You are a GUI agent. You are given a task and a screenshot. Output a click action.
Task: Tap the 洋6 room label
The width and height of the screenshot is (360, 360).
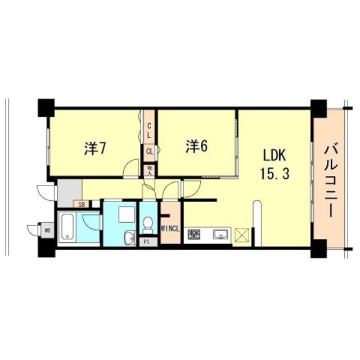pos(196,146)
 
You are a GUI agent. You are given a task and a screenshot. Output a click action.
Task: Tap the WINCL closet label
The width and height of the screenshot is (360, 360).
pos(170,228)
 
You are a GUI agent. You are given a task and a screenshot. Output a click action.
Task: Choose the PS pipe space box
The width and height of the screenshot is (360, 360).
pos(146,242)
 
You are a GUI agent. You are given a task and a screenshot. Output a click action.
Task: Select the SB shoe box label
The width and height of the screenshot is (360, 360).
pos(82,205)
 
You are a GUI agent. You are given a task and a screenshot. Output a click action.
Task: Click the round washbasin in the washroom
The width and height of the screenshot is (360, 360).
pos(129,236)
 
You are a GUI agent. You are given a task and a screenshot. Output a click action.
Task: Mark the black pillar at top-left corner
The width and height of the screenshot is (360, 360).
pos(46,106)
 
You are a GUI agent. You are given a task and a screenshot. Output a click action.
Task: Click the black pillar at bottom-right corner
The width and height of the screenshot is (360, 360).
pos(318,248)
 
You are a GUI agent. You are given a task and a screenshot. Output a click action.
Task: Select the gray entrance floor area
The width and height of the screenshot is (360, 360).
pos(69,191)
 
